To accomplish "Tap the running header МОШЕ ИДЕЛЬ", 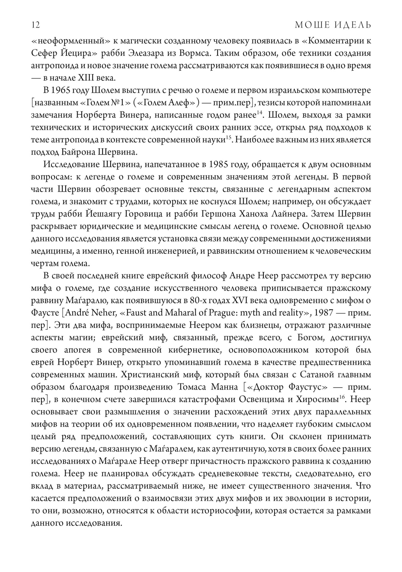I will tap(333, 25).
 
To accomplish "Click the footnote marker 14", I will tap(260, 113).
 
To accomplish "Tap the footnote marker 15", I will tap(228, 138).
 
